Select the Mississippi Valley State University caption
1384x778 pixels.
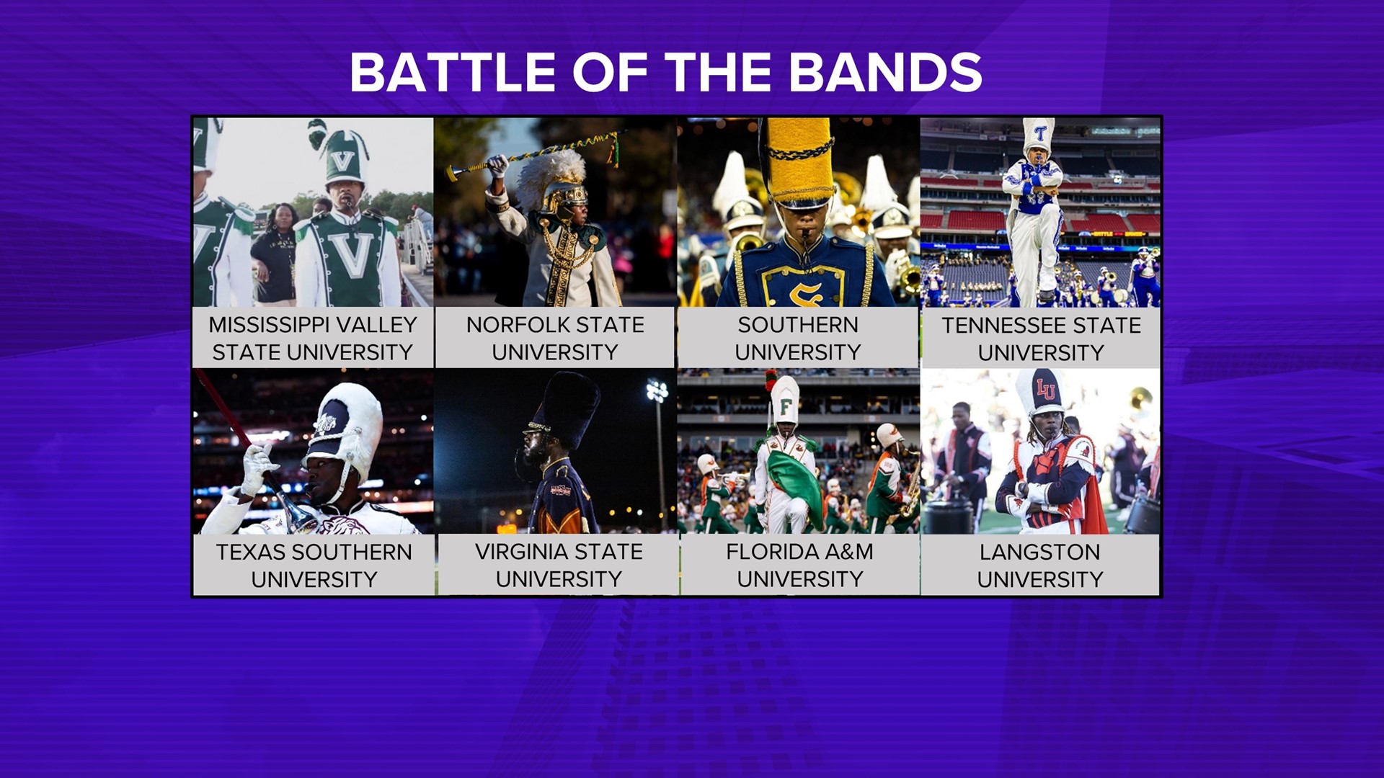tap(313, 338)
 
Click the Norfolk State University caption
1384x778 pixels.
tap(555, 338)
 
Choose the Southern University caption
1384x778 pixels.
tap(798, 338)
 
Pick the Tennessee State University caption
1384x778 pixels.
tap(1041, 339)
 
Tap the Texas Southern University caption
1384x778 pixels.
tap(314, 565)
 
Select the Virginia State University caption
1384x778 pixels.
tap(559, 565)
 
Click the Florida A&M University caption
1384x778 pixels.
tap(799, 565)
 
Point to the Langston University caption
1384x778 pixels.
tap(1039, 565)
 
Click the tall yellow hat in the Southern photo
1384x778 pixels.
tap(799, 162)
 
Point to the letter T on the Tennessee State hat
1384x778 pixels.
tap(1040, 133)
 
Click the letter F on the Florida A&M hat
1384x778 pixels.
tap(786, 407)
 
